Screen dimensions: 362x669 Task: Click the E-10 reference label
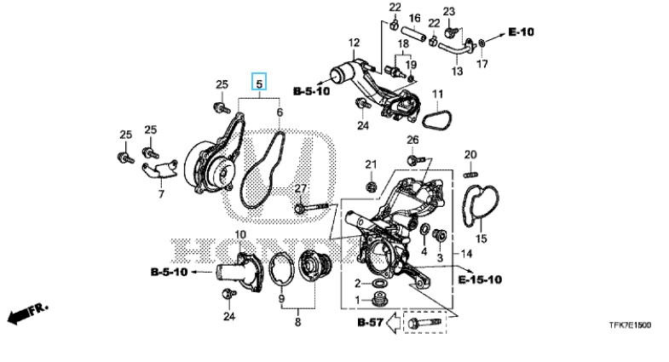(521, 32)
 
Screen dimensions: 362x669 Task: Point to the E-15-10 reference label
(480, 279)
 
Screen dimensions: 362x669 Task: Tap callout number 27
(299, 188)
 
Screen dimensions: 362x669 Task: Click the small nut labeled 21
(371, 186)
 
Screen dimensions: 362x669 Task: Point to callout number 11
(436, 94)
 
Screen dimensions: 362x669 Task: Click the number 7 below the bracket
(160, 195)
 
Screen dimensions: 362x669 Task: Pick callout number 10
(240, 234)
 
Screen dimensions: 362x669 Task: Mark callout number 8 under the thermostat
(297, 323)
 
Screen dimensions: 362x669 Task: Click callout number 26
(412, 140)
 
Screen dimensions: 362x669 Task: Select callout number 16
(414, 17)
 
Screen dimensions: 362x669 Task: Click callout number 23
(449, 11)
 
